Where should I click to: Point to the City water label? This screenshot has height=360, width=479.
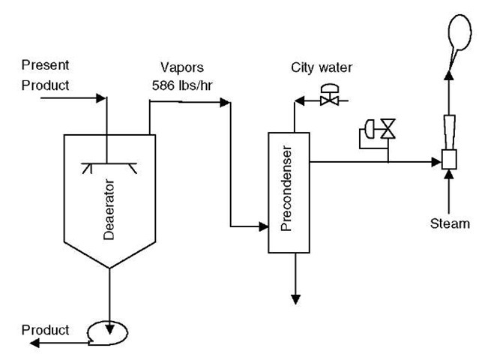point(322,68)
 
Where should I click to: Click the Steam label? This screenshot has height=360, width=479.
point(450,223)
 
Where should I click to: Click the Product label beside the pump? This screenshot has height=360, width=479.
point(45,330)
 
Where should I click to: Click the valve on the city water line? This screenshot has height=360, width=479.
point(329,97)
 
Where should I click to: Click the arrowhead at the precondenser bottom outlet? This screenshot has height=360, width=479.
point(296,299)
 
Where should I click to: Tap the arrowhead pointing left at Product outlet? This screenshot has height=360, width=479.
point(34,343)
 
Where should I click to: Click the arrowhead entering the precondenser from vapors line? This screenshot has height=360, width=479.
point(263,226)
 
